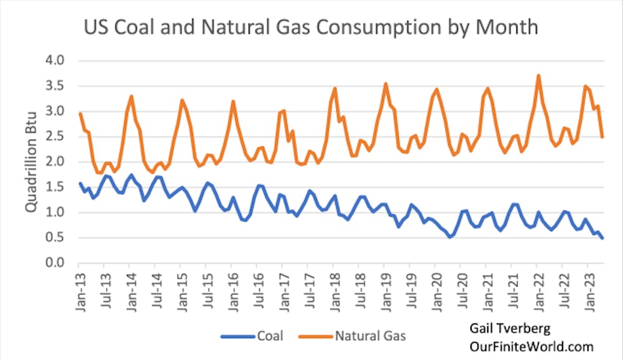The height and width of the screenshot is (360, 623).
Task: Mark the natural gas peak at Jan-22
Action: pos(538,75)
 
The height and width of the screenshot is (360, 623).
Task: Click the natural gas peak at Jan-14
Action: pos(131,96)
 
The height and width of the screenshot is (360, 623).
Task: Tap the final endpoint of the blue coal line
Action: pos(602,238)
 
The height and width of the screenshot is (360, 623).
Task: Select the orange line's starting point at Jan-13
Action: pos(80,113)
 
